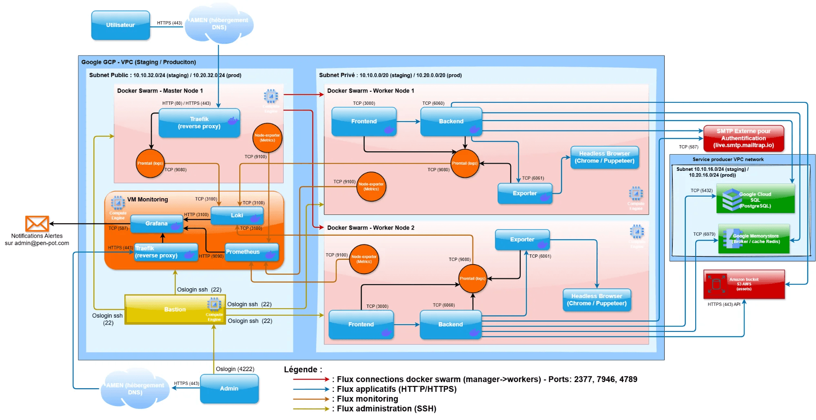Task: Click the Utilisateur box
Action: (x=120, y=25)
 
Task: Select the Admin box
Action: (x=229, y=389)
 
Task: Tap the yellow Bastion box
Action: (x=175, y=309)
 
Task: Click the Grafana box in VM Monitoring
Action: (x=157, y=223)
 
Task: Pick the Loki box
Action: (x=237, y=215)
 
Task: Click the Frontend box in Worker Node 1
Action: (x=364, y=122)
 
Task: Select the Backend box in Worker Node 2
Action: (x=450, y=325)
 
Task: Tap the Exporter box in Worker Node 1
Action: (x=525, y=193)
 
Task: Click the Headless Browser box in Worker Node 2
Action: (x=596, y=300)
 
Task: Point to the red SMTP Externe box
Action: (x=743, y=138)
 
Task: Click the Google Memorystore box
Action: (x=754, y=239)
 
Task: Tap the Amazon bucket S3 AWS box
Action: (x=744, y=284)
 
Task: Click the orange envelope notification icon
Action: (x=37, y=223)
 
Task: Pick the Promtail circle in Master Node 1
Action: (x=150, y=163)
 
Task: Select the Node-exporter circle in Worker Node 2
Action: (x=364, y=259)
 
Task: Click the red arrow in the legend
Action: (x=311, y=379)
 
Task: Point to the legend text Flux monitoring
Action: (x=367, y=399)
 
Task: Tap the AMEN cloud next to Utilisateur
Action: (x=219, y=24)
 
